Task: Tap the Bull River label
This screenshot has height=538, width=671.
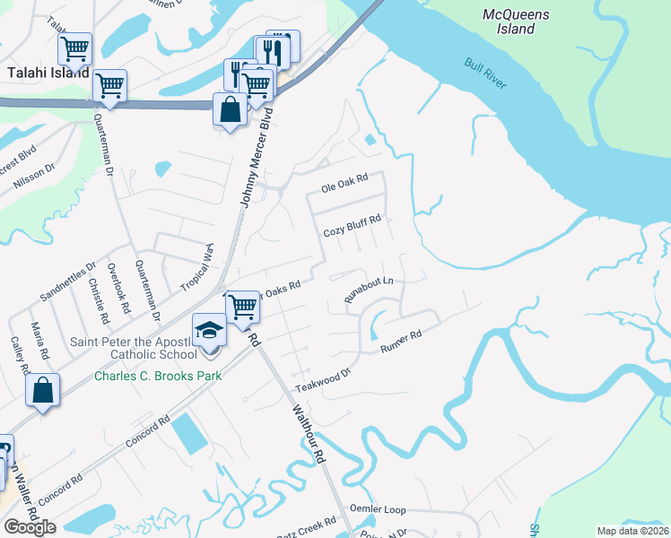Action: click(x=485, y=74)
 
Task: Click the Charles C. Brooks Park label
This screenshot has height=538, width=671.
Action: click(x=158, y=376)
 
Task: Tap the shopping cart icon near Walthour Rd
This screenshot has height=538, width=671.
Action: click(x=242, y=306)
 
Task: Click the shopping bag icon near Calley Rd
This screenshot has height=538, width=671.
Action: click(x=42, y=390)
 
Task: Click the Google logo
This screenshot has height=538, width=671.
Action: click(x=30, y=527)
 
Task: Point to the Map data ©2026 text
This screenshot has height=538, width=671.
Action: click(x=632, y=531)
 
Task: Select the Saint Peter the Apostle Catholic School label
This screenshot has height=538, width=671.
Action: click(x=133, y=348)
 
